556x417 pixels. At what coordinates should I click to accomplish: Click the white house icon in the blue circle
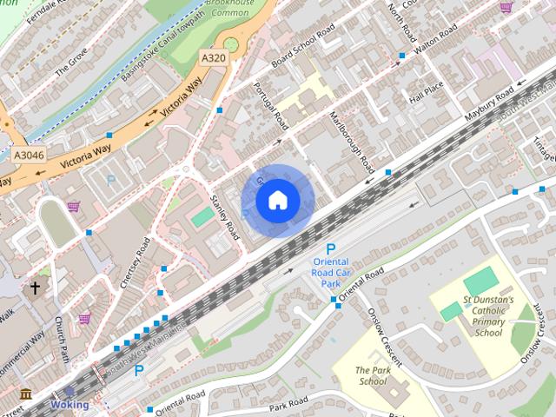277,200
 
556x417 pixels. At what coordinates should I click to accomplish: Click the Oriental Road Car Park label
330,273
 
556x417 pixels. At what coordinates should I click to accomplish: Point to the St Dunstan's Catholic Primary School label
487,316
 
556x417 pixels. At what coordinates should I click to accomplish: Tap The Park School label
372,375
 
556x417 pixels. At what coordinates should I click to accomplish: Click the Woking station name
69,405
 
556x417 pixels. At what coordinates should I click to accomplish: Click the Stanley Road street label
225,217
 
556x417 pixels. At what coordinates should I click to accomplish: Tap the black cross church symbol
36,287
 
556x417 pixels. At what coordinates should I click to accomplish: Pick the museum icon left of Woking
26,395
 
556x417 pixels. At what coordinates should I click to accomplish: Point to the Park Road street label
289,404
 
